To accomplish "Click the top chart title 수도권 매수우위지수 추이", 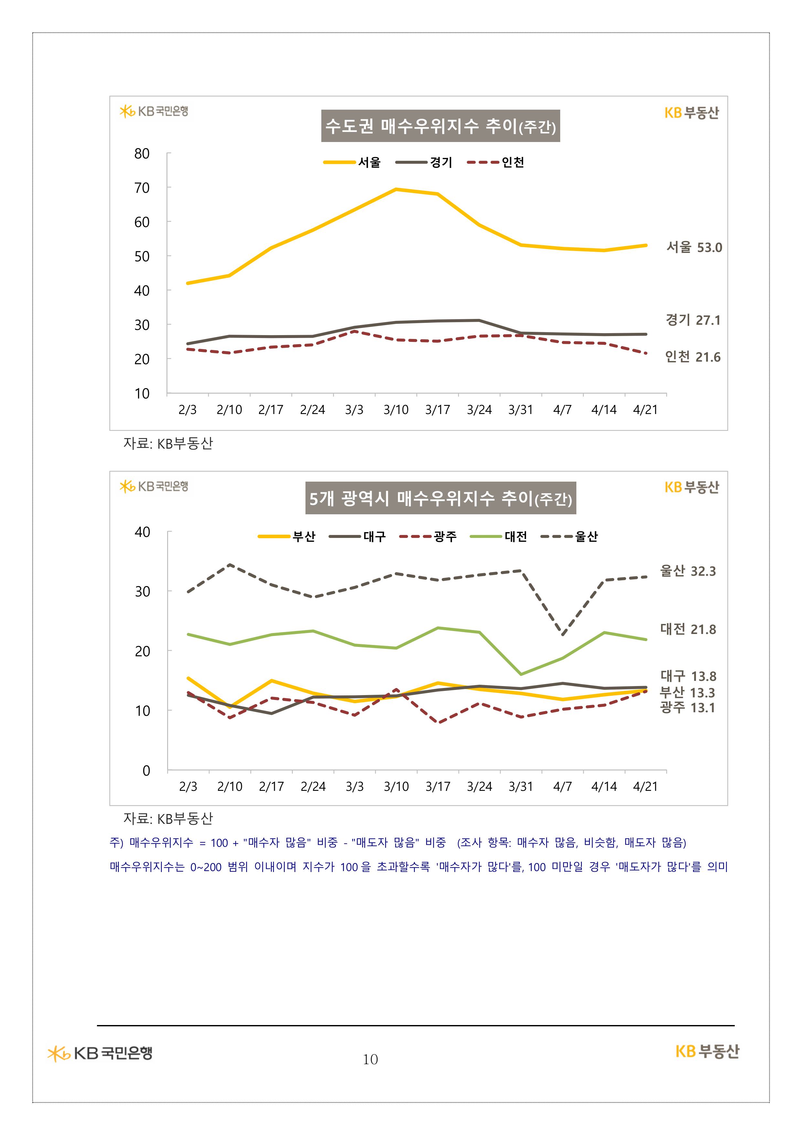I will [x=440, y=126].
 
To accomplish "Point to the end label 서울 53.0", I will [x=694, y=247].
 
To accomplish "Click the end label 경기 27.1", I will [x=693, y=320].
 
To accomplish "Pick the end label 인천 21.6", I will [x=692, y=356].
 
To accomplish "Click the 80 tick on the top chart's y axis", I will [x=142, y=154].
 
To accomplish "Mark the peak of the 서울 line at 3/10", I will [x=396, y=189].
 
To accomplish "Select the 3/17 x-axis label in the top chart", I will [x=437, y=410].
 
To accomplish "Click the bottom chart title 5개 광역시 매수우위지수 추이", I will [x=440, y=498].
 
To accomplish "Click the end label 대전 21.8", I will [x=688, y=629].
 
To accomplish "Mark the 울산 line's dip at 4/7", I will [x=562, y=634].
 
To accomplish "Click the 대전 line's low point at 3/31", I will [x=521, y=674].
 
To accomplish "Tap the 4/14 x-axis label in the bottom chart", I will [x=604, y=787].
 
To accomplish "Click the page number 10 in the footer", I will [x=370, y=1059].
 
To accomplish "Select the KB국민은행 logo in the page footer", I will [x=100, y=1053].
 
